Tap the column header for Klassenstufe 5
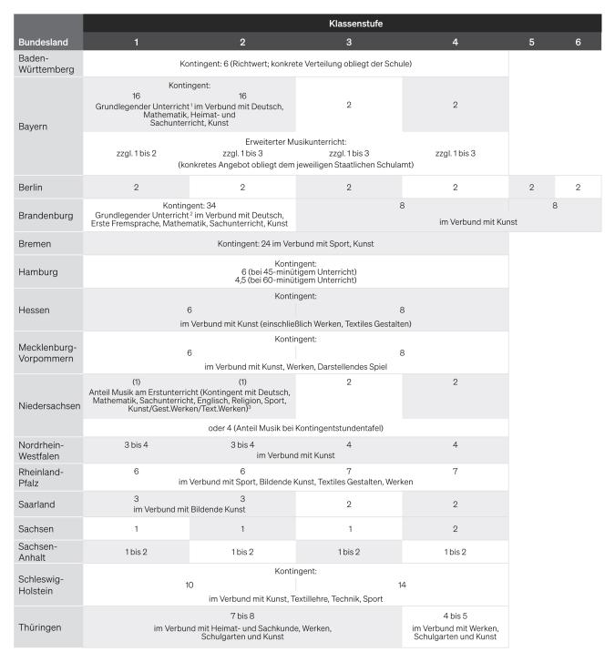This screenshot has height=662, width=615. [532, 42]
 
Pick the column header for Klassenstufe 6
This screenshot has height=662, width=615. [578, 42]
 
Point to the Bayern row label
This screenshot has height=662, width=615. [33, 127]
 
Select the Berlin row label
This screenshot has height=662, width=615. [31, 188]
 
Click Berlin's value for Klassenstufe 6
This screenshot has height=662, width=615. [578, 187]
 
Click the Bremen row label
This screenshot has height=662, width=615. [35, 245]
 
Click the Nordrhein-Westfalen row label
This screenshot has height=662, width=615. [44, 450]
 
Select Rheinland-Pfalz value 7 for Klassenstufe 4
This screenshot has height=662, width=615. [455, 472]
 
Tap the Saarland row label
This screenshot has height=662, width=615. [36, 504]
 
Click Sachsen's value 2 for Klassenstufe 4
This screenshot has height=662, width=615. [455, 529]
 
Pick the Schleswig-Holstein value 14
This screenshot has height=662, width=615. [402, 585]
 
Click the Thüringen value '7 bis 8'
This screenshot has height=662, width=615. [242, 616]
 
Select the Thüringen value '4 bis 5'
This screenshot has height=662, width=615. [455, 616]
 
